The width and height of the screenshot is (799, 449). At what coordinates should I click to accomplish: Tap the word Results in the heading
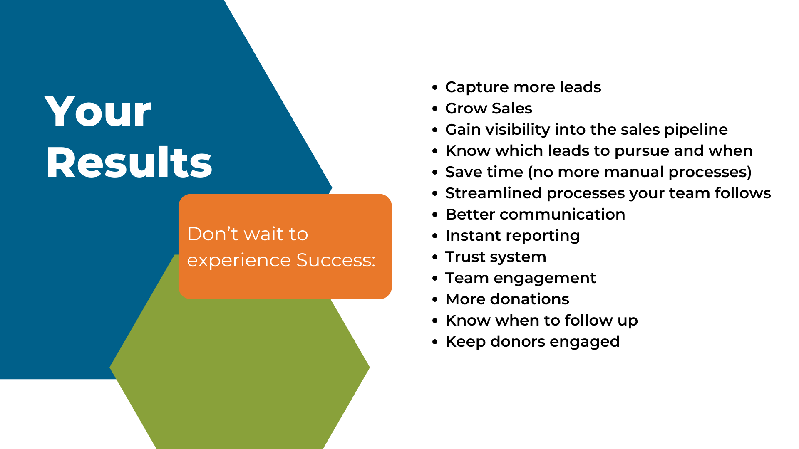pos(129,163)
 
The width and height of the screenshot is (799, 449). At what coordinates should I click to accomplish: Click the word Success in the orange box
pos(335,260)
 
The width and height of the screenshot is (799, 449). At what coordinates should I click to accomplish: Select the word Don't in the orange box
pos(213,234)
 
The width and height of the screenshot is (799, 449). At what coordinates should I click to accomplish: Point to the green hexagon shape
pos(240,374)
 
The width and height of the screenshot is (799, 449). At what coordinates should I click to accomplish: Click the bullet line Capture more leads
pos(523,87)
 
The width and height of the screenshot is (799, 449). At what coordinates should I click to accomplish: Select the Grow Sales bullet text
pos(489,109)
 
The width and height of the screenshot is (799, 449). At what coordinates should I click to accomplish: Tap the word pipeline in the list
pos(696,130)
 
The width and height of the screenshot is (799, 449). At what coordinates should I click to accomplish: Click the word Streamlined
pos(494,193)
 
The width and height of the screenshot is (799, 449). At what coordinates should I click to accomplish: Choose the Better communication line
pos(535,215)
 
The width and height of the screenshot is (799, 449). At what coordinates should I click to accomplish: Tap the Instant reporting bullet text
pos(513,236)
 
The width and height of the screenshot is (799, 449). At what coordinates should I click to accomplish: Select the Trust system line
pos(496,257)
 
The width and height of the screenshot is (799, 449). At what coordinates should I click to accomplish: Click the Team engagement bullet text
pos(521,279)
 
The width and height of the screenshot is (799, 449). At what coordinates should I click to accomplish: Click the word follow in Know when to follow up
pos(588,321)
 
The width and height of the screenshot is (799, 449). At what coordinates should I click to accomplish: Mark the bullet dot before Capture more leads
pos(435,88)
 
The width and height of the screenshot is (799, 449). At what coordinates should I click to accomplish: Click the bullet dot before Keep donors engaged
pos(435,342)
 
